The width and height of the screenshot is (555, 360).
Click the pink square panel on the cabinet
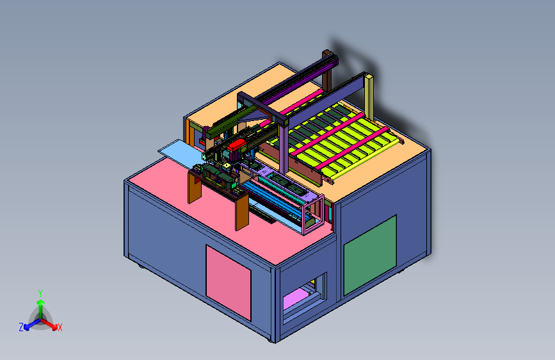(x=229, y=282)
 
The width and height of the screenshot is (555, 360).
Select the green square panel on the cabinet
(x=370, y=255)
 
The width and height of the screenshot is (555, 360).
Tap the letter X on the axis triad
(x=60, y=327)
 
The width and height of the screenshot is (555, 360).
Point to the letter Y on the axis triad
(x=40, y=293)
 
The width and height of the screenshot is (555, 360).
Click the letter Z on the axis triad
(x=21, y=327)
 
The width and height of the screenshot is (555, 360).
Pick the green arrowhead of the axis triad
(x=41, y=303)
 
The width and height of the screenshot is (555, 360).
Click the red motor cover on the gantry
(x=236, y=145)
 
